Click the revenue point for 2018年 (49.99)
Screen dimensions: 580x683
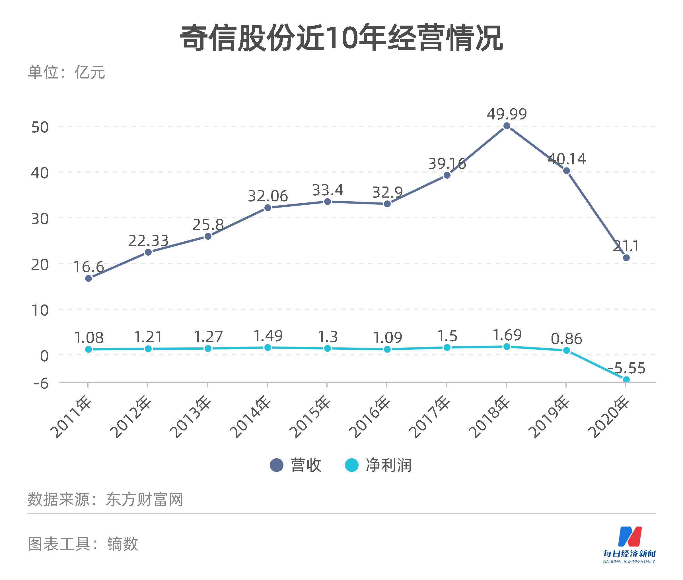[507, 126]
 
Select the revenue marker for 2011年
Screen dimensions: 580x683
[89, 278]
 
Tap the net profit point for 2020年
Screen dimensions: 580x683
[626, 380]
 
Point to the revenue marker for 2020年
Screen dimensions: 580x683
[626, 258]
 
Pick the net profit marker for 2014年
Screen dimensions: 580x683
[268, 347]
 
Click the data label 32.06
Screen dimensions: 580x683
[268, 196]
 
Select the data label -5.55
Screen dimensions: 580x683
[626, 368]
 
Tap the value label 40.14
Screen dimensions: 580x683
[567, 159]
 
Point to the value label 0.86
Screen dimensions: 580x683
[567, 339]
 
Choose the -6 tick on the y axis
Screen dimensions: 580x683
[41, 383]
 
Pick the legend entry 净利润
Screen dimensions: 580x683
[378, 465]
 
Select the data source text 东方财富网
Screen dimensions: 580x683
[144, 500]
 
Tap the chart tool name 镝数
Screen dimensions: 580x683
[122, 544]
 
